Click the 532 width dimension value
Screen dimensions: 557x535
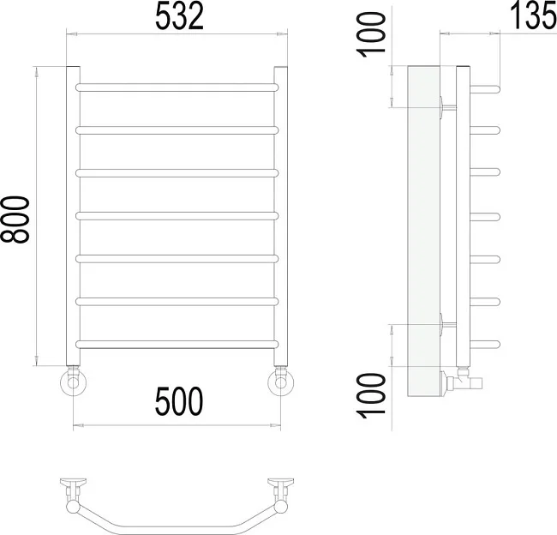179,16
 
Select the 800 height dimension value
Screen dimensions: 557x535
15,219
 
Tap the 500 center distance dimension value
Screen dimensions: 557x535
179,401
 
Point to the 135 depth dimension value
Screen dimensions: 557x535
533,16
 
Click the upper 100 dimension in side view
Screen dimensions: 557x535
371,34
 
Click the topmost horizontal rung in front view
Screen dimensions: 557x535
177,87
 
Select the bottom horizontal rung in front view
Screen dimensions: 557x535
177,344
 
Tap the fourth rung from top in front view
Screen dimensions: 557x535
177,216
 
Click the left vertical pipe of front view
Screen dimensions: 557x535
73,216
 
